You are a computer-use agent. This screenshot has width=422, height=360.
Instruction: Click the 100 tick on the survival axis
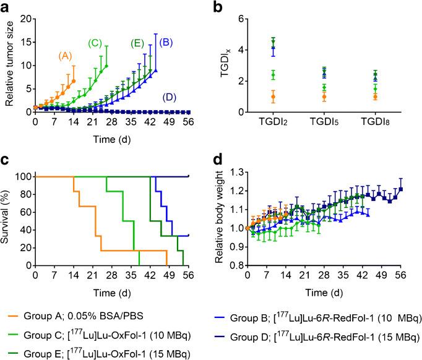tap(22, 177)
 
